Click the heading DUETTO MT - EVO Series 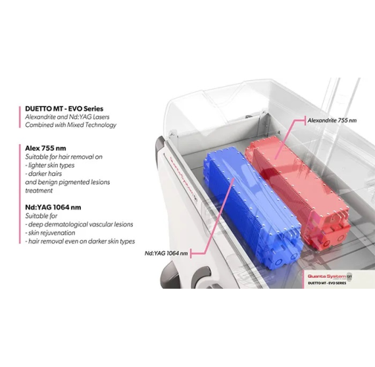tap(64, 109)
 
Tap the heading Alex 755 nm tap(45, 148)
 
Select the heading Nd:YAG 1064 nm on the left tap(53, 207)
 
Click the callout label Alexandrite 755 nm tap(332, 120)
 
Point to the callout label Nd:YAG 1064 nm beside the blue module tap(166, 253)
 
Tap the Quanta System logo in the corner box tap(330, 277)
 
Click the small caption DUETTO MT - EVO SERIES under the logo tap(327, 283)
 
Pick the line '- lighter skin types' tap(50, 165)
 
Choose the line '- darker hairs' tap(43, 174)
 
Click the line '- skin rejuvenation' tap(50, 233)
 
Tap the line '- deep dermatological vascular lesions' tap(79, 224)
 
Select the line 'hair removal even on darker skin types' tap(82, 241)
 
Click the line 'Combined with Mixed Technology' tap(71, 125)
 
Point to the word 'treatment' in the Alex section tap(39, 191)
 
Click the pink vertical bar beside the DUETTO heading tap(20, 117)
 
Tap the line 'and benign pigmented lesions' tap(68, 182)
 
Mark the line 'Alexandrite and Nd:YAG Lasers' tap(67, 117)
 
